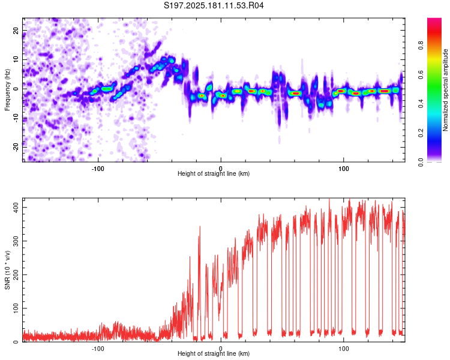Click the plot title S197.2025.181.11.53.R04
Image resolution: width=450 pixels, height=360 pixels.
(214, 5)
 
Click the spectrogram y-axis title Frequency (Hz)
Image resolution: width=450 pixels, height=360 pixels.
(7, 90)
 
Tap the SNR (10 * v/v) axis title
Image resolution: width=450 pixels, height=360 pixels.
(7, 270)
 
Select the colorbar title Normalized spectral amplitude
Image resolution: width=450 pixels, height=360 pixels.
(445, 90)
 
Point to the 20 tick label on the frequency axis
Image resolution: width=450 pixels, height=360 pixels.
(16, 30)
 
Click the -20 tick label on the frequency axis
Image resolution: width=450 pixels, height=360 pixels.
(16, 147)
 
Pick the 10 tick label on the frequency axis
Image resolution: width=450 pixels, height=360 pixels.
(16, 59)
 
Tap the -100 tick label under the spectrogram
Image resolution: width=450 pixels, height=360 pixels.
(98, 169)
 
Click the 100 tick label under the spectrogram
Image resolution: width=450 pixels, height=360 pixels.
(343, 169)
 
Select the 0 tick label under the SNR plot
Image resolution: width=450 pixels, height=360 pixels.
(221, 349)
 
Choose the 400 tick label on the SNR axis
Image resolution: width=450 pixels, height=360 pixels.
(16, 207)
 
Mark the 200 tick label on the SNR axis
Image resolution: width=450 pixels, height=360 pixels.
(16, 275)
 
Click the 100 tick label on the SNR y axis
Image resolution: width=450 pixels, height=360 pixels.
(16, 308)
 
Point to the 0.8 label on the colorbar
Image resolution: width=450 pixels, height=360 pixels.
(421, 46)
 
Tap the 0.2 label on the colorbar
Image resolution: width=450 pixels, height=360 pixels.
(421, 133)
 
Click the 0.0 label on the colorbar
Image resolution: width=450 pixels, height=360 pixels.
(421, 162)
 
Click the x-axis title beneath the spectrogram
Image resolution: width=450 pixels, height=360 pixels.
(214, 173)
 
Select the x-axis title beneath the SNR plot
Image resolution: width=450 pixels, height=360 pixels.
(214, 353)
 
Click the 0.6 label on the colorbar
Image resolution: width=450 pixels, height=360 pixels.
(421, 74)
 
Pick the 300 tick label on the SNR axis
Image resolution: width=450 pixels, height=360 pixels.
(16, 241)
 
